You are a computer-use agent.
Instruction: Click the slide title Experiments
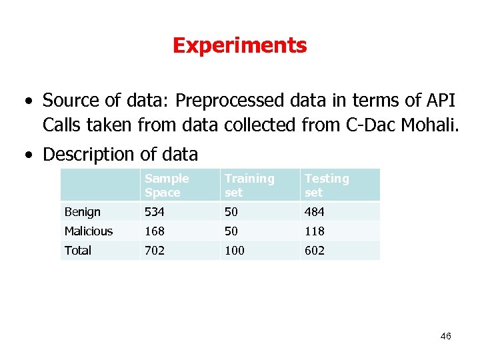click(x=239, y=45)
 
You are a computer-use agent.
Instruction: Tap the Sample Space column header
click(x=167, y=185)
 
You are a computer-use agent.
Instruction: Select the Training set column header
click(x=249, y=185)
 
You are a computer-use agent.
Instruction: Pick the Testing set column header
click(x=327, y=185)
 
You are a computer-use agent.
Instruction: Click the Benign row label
click(x=83, y=212)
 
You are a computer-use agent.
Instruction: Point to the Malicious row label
click(x=89, y=231)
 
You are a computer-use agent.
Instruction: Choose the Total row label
click(x=78, y=251)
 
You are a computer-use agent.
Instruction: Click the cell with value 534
click(x=155, y=212)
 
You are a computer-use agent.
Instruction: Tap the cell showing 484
click(x=315, y=212)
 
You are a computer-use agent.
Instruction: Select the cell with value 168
click(x=155, y=231)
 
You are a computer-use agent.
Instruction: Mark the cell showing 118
click(x=315, y=231)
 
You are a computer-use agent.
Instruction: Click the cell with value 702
click(x=155, y=251)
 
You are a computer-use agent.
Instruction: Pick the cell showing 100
click(x=235, y=251)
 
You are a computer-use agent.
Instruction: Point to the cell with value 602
click(x=315, y=251)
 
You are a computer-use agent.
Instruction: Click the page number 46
click(x=445, y=336)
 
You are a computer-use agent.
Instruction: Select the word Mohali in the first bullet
click(x=429, y=125)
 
